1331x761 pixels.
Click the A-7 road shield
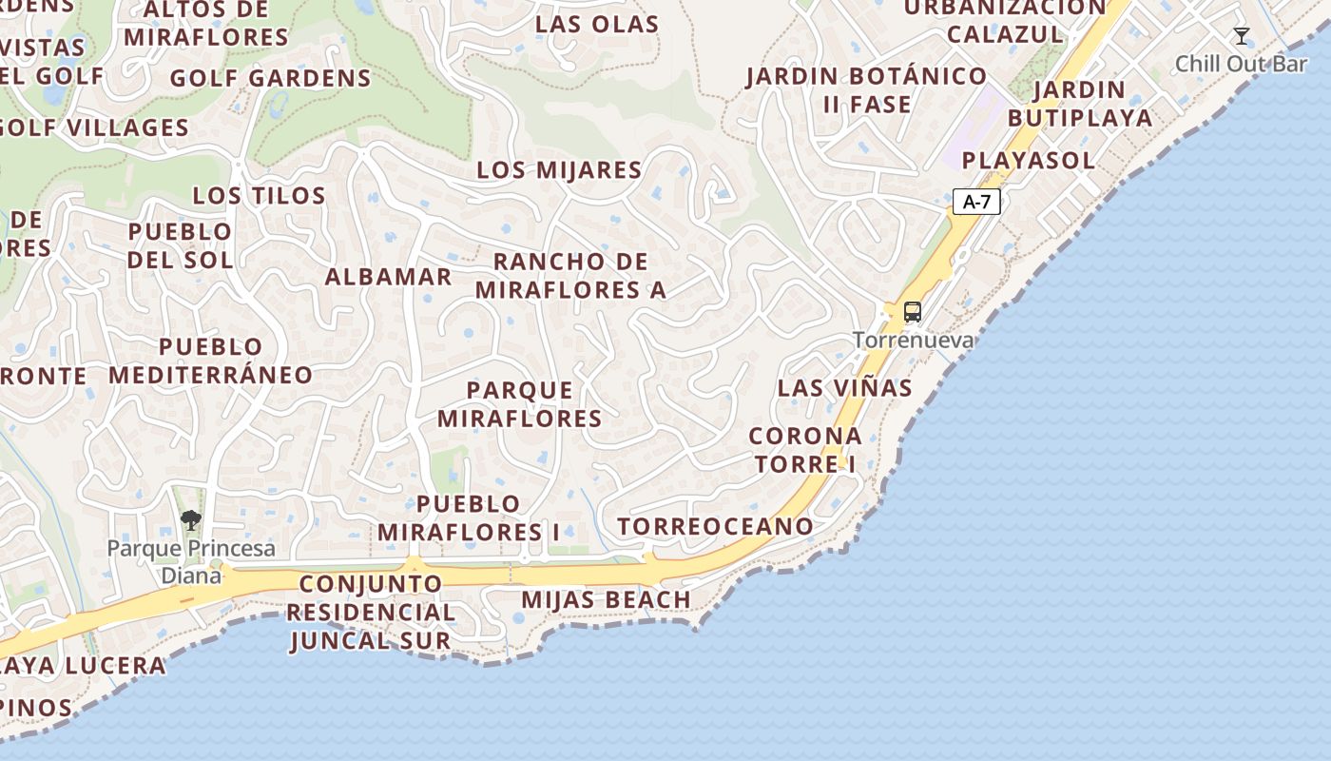(976, 202)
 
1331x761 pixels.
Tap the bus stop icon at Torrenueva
(913, 312)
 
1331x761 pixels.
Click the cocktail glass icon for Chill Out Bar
(1242, 37)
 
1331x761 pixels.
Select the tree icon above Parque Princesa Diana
(191, 520)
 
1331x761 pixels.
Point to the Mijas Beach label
(606, 600)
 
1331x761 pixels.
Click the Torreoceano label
(715, 526)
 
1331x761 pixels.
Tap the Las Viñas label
(844, 388)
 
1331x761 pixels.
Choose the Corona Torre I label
(805, 450)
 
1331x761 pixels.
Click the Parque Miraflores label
(520, 404)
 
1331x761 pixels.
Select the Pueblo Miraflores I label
(469, 518)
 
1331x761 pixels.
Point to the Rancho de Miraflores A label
(570, 276)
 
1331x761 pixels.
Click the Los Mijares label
(559, 171)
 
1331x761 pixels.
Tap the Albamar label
(388, 277)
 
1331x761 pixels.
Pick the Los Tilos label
(259, 196)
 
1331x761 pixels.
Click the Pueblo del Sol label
(180, 245)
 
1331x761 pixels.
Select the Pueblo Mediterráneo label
(210, 361)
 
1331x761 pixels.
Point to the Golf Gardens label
(270, 78)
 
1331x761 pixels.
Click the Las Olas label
(597, 25)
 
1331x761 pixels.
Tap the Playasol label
(1028, 161)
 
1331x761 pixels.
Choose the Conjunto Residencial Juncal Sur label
(371, 612)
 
